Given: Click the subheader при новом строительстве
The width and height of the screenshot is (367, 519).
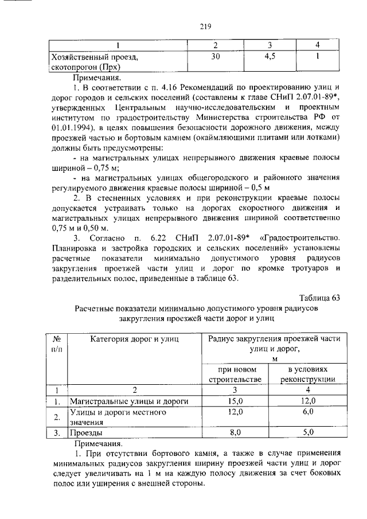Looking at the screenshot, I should pos(235,374).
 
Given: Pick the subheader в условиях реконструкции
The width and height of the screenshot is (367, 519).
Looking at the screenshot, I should pos(309,374).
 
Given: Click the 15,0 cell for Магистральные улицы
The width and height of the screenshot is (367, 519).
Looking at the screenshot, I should pos(235,401).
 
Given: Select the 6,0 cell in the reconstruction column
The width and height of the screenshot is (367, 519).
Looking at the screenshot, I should pos(309,412).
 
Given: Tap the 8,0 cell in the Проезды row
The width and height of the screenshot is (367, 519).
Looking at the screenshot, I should pos(235,433).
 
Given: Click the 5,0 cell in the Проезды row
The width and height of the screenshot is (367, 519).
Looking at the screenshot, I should pos(309,433).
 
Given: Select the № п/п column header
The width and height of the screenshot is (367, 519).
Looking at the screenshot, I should pos(57,344).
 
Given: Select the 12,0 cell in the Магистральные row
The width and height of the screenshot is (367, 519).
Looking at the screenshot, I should pos(309,401).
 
